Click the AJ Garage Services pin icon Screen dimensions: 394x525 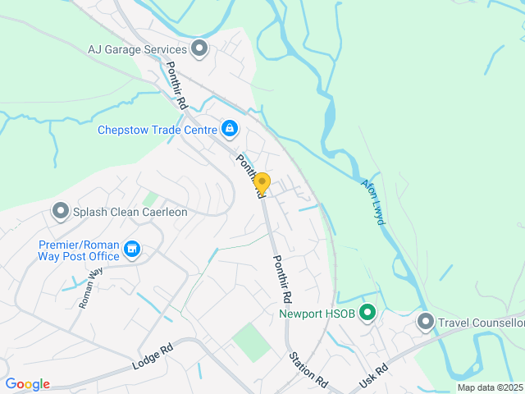tap(199, 49)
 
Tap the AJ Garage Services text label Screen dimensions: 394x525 tap(138, 49)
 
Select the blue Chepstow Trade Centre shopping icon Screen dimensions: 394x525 tap(230, 129)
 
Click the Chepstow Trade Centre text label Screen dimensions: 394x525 tap(156, 130)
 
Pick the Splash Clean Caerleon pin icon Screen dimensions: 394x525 tap(60, 212)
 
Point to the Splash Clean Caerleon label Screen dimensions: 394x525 tap(130, 212)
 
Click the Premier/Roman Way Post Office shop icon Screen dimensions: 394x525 tap(131, 249)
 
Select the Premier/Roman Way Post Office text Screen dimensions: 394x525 tap(79, 250)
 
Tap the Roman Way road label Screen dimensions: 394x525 tap(91, 289)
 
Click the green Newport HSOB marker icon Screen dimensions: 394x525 tap(368, 313)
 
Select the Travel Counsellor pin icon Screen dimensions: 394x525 tap(425, 322)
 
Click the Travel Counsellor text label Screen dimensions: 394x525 tap(481, 323)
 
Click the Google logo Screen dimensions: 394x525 tap(27, 384)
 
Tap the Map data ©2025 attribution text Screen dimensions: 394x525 tap(489, 387)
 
